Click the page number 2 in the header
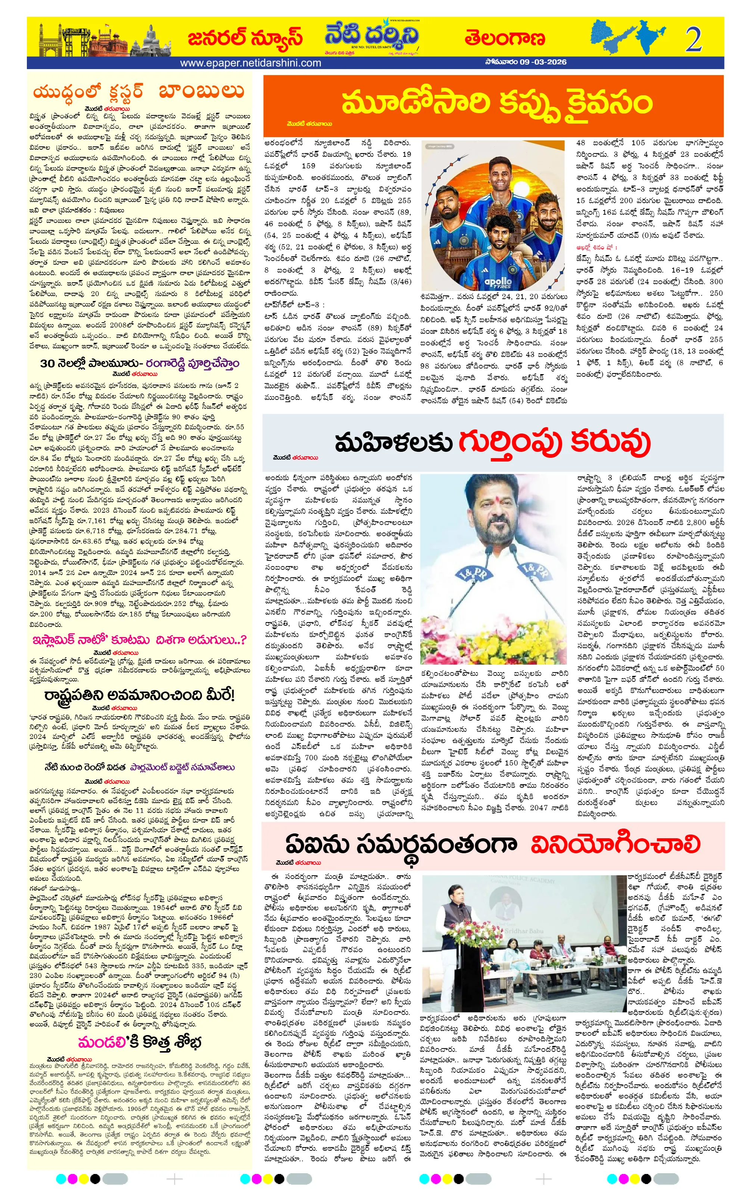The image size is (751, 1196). pos(693,39)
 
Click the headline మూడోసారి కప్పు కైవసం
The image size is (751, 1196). pos(496,103)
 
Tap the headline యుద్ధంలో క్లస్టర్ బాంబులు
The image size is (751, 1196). pos(138,92)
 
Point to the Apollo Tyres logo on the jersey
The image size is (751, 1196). pos(497,282)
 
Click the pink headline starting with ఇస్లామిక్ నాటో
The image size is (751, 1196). pos(139,640)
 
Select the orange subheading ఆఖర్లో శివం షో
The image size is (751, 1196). pos(596,247)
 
